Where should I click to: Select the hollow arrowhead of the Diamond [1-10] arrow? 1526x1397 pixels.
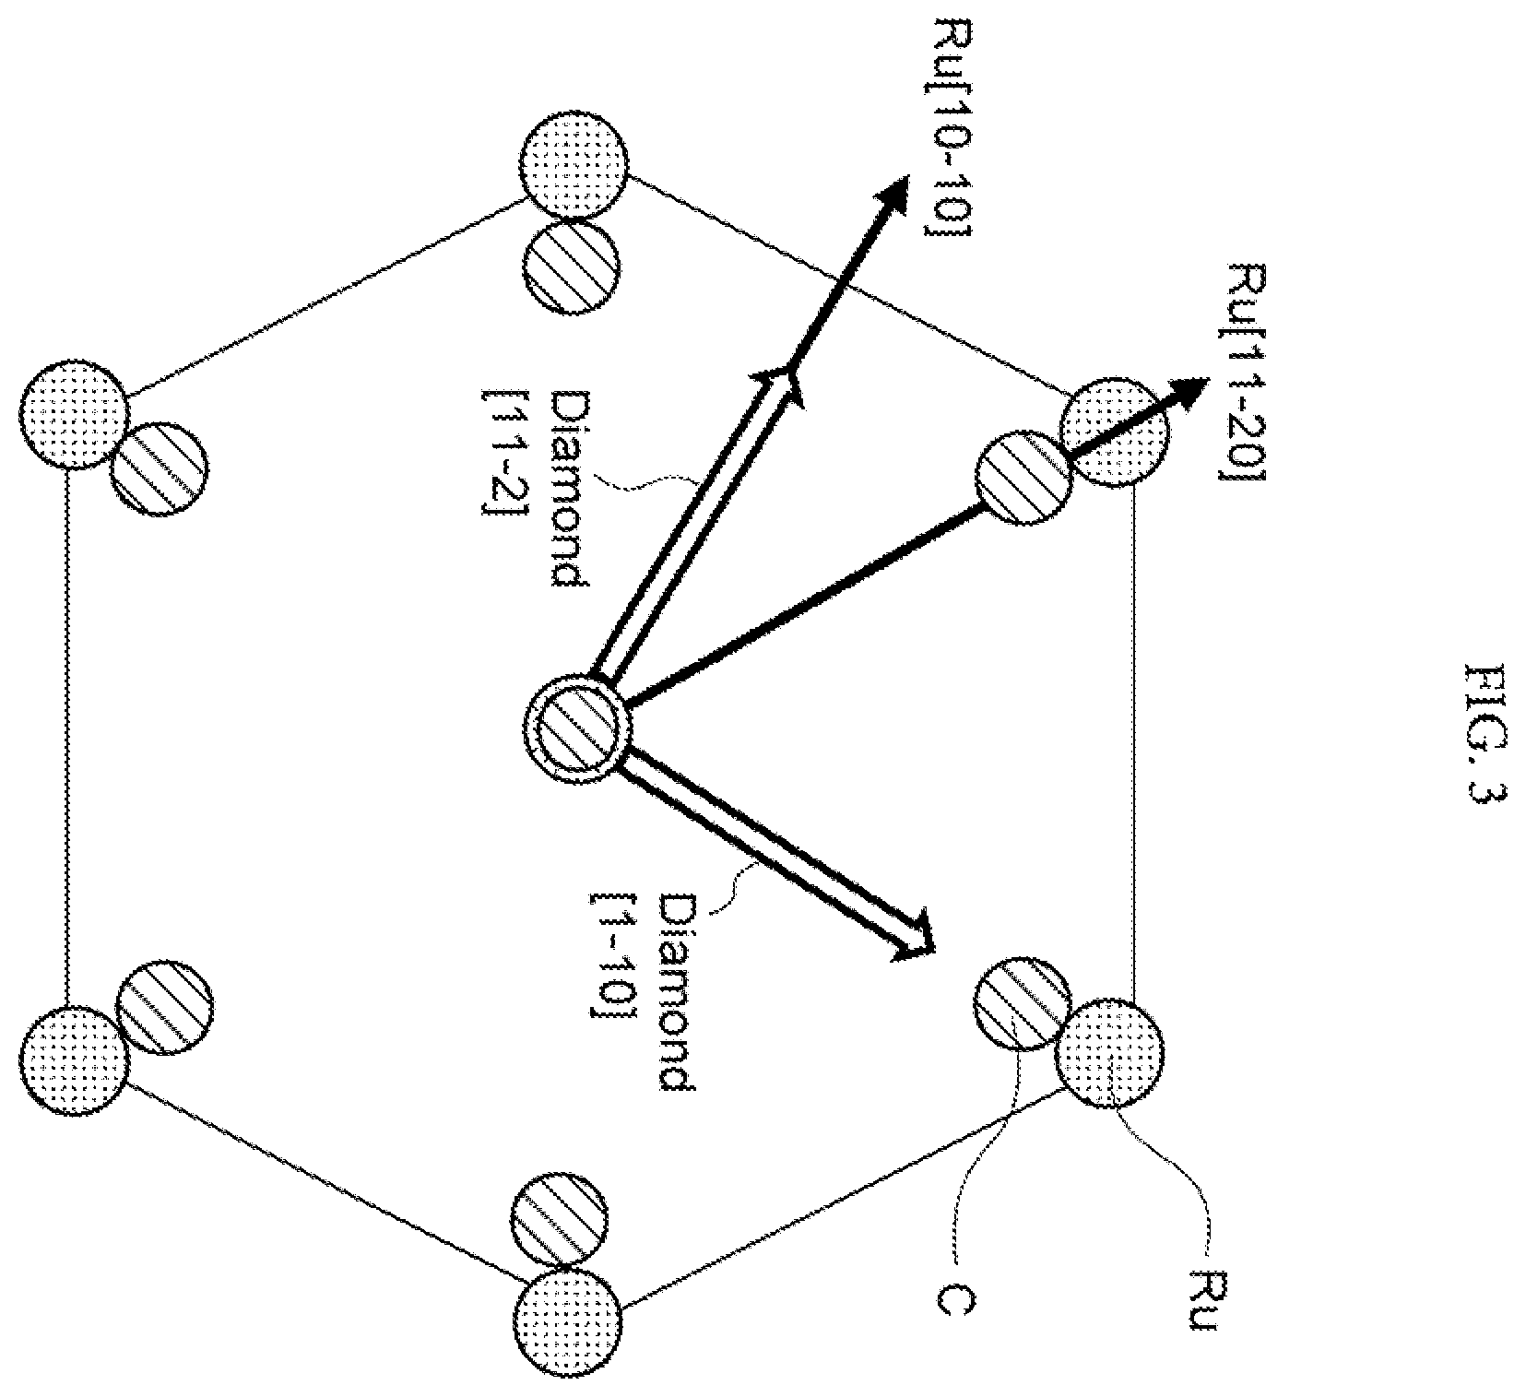click(915, 937)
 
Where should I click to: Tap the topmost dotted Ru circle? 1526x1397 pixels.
click(574, 166)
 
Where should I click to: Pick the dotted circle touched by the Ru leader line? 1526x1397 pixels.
click(1109, 1052)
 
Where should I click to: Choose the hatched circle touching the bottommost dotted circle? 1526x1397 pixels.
click(557, 1219)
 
